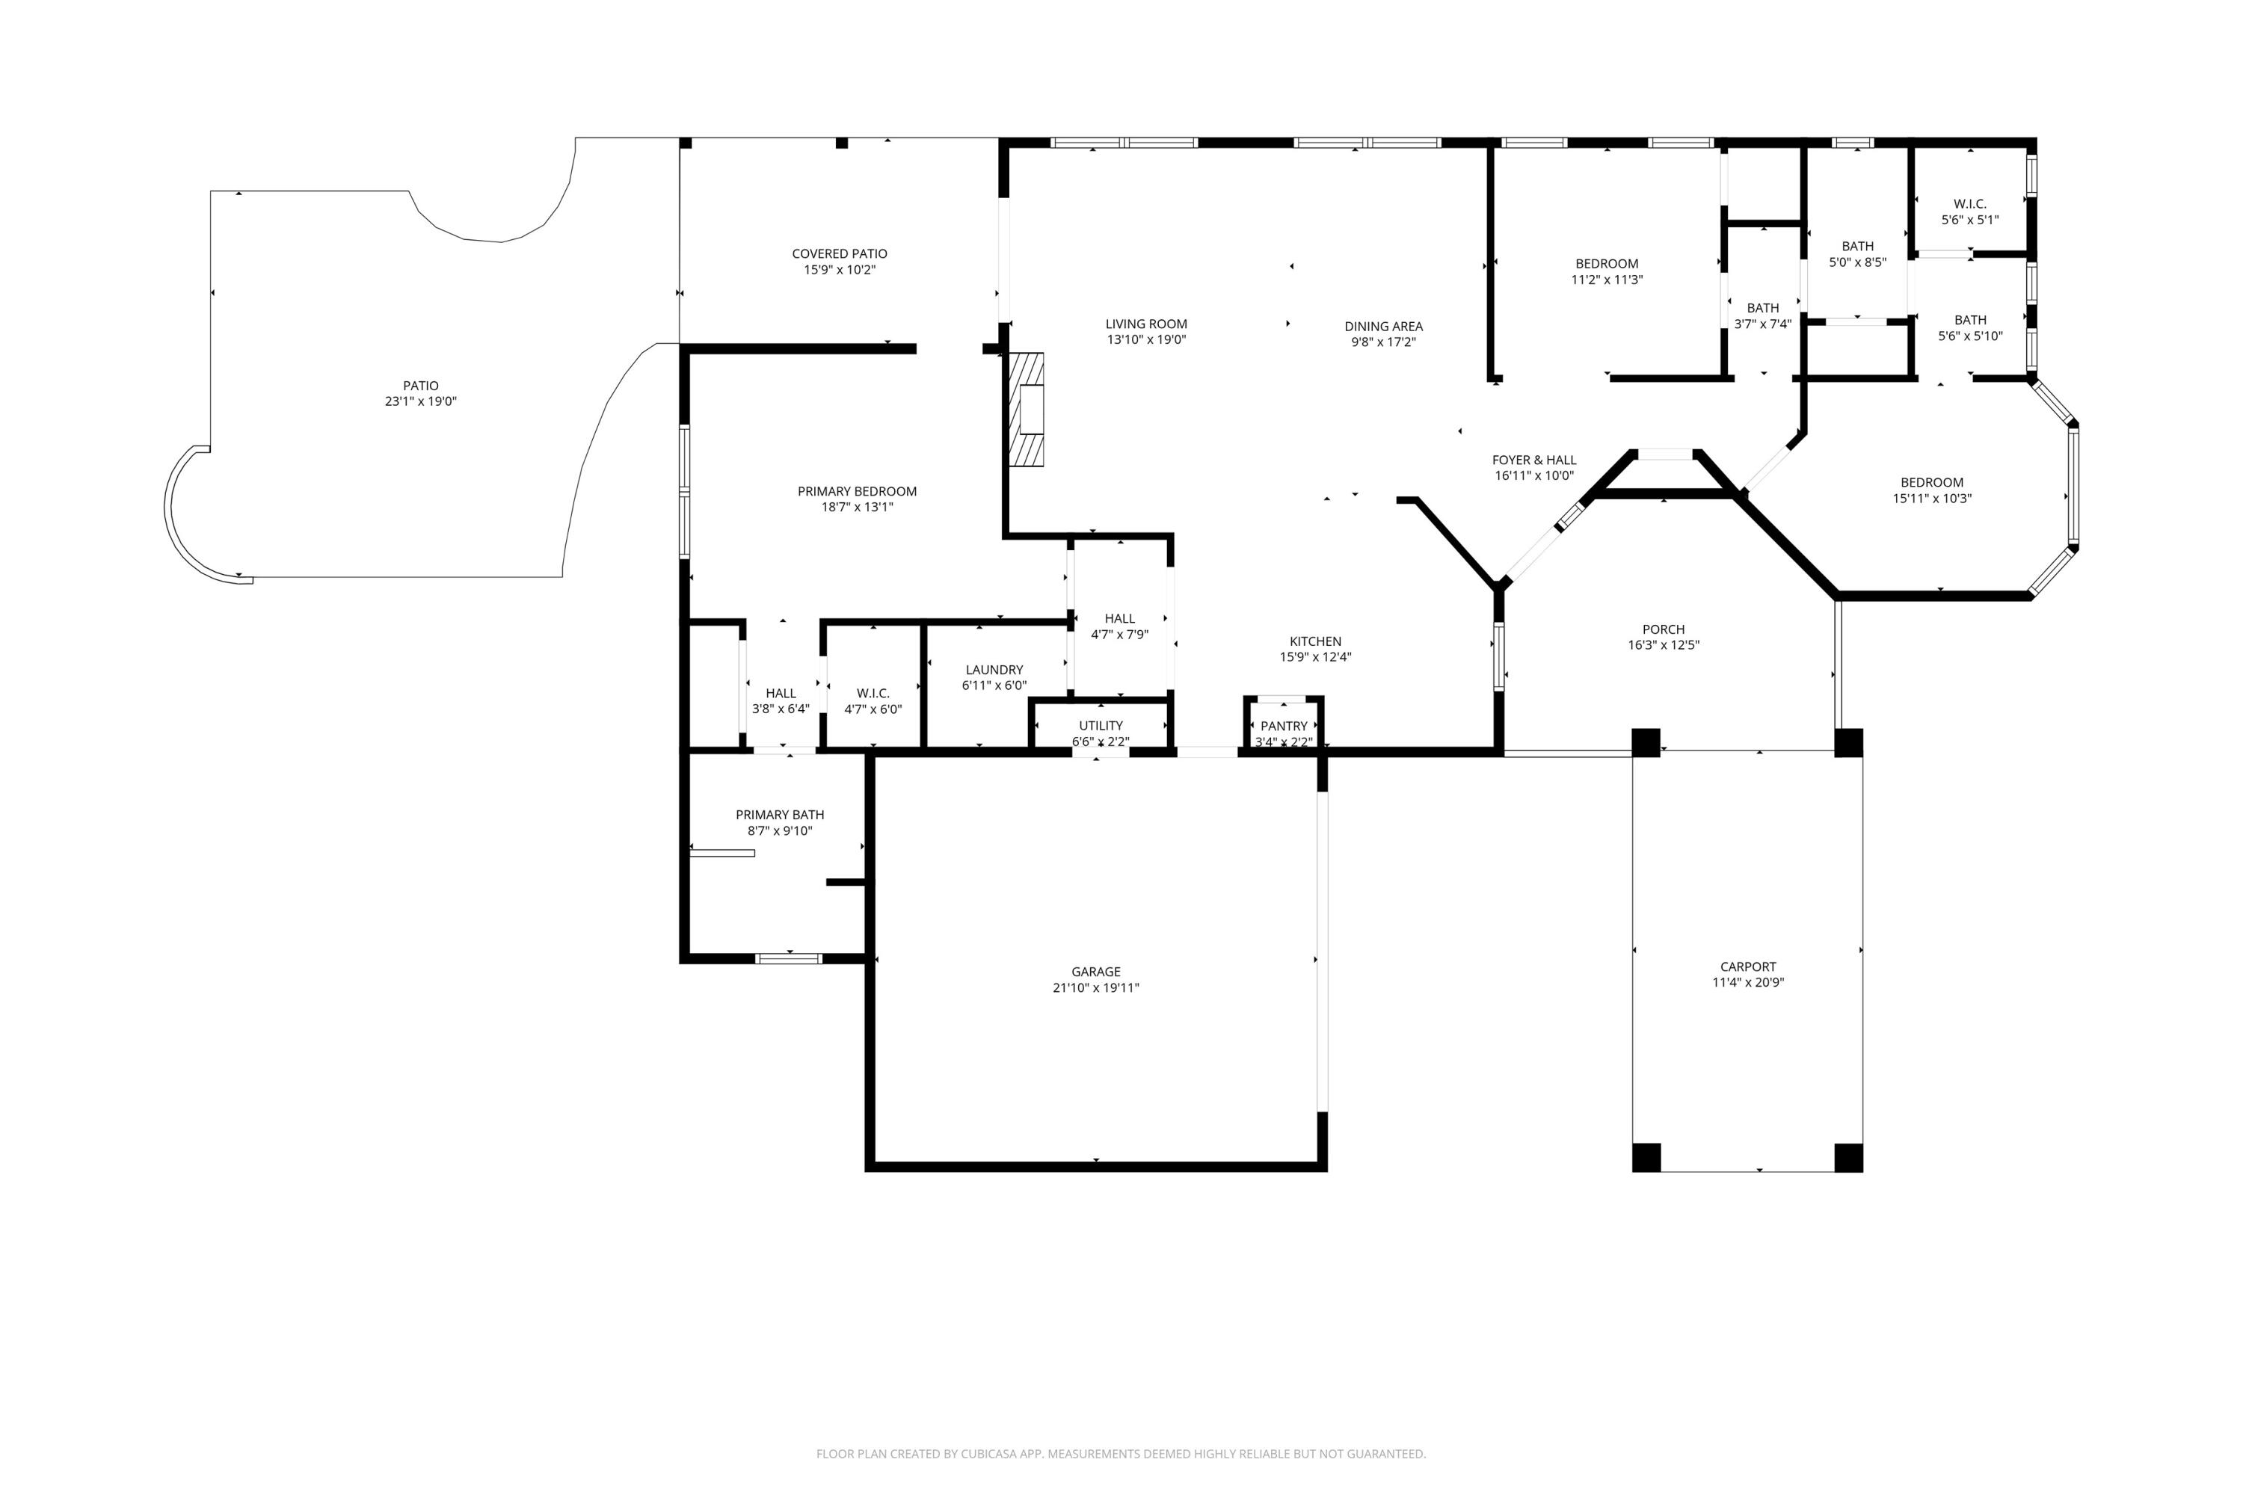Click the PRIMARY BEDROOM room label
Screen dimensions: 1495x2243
tap(856, 491)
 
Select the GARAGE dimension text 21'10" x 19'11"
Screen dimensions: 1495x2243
tap(1096, 987)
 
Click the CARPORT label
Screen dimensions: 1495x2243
tap(1747, 966)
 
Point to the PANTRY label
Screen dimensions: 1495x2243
tap(1284, 726)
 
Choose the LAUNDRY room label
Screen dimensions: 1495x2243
tap(994, 669)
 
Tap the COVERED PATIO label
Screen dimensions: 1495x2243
tap(839, 253)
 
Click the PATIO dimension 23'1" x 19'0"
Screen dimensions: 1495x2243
tap(420, 401)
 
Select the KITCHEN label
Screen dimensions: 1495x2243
tap(1315, 641)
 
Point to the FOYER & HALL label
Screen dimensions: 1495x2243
tap(1533, 460)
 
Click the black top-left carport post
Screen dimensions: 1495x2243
tap(1645, 742)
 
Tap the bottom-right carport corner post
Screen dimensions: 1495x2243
tap(1848, 1156)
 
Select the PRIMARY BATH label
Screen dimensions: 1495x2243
tap(779, 814)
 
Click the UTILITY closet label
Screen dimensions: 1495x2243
tap(1101, 726)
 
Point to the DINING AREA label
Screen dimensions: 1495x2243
tap(1382, 326)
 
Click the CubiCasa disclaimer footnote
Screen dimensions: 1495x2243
tap(1121, 1453)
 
